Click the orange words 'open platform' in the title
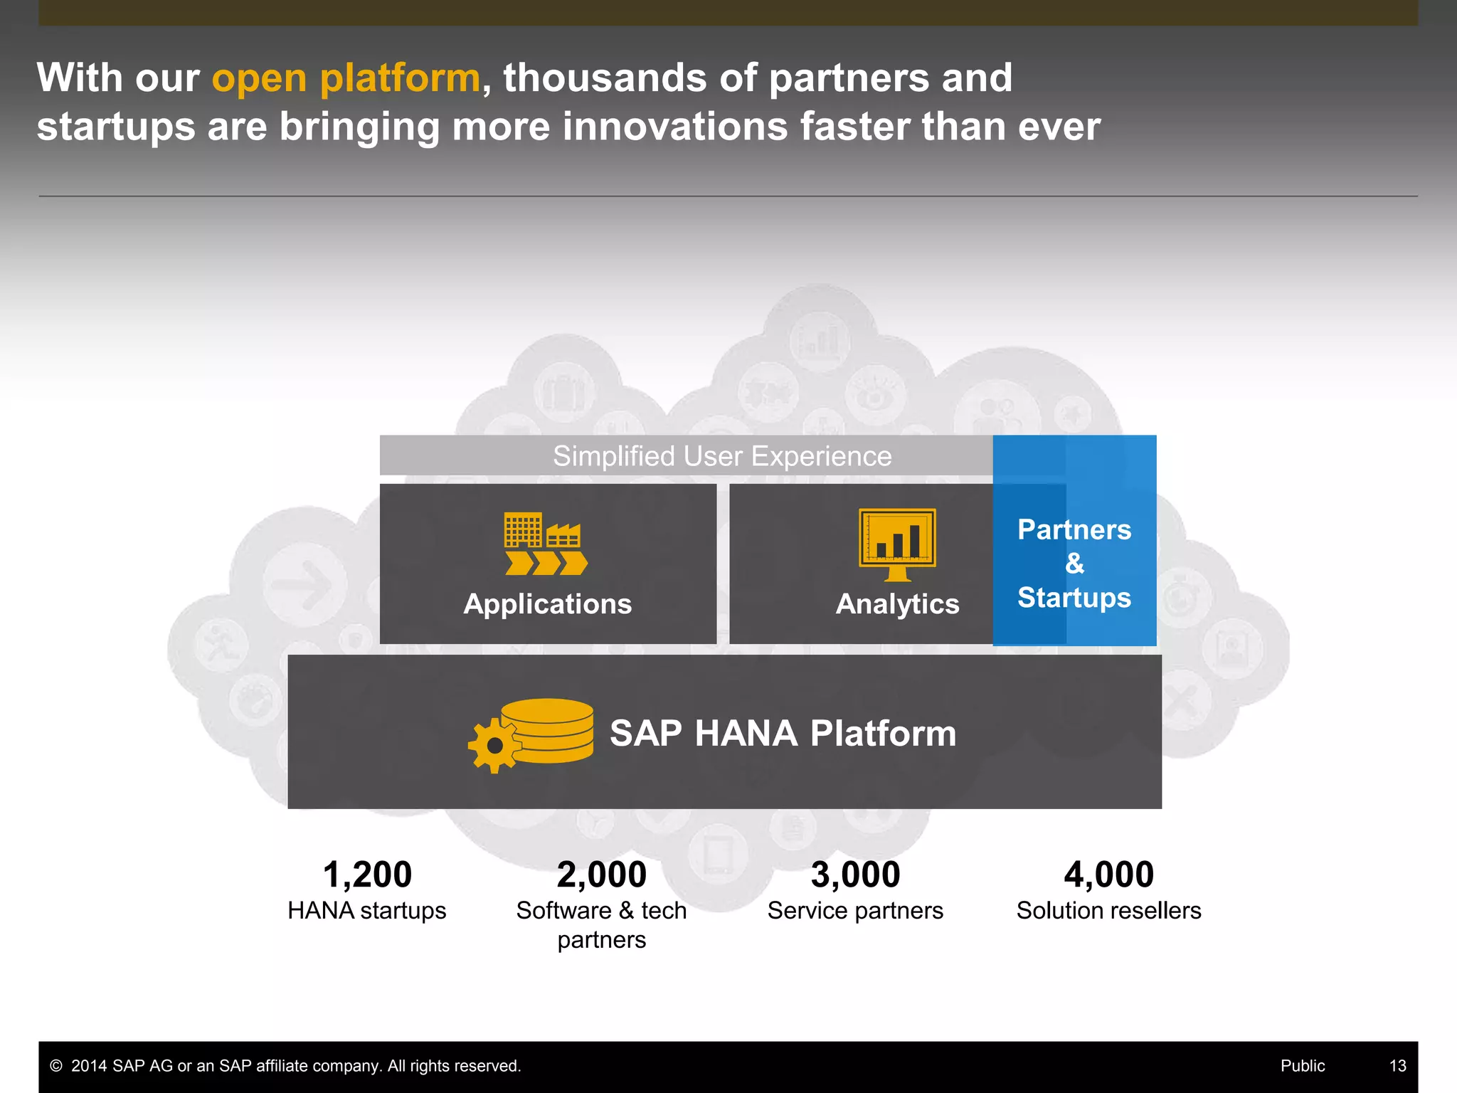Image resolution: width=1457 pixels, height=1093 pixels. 346,78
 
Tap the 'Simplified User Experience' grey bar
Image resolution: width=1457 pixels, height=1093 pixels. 721,456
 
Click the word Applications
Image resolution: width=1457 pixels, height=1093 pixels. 547,604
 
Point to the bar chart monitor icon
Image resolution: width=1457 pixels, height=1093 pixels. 897,544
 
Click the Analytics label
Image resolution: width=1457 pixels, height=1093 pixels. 897,604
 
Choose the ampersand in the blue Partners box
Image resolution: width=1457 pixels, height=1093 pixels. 1074,564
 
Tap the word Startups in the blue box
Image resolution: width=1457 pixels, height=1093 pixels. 1074,598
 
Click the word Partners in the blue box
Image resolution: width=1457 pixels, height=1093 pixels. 1074,530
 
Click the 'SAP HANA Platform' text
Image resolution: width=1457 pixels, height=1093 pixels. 783,734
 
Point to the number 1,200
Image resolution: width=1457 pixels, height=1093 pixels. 367,875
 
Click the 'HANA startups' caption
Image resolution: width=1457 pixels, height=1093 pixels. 367,911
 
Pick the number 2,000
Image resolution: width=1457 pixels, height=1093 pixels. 602,875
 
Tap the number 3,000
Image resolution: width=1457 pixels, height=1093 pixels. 855,875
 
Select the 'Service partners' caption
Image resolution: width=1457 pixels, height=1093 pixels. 855,911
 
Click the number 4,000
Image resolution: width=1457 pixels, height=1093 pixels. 1108,875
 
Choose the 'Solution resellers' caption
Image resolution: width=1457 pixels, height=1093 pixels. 1108,911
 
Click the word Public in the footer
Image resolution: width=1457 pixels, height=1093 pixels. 1303,1066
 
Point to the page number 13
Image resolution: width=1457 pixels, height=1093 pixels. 1397,1066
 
